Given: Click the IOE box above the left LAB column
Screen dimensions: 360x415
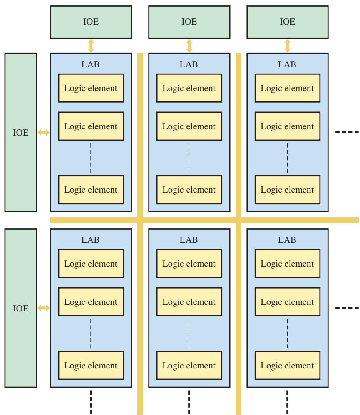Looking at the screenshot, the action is click(91, 22).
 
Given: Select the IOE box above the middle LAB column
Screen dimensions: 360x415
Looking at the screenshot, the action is click(189, 22).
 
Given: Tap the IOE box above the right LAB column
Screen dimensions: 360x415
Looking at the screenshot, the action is click(288, 22).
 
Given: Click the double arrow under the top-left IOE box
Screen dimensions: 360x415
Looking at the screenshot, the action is click(91, 46).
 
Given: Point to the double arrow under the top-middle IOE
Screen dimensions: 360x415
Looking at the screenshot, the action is click(189, 46).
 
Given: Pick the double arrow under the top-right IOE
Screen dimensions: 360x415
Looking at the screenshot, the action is click(288, 46).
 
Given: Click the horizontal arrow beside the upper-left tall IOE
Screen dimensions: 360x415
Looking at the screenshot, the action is click(43, 132).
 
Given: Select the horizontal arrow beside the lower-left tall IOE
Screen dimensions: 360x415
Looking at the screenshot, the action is click(43, 308).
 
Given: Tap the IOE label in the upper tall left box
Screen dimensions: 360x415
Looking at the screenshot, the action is click(21, 132).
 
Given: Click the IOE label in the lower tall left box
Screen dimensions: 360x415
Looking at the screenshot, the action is click(21, 308).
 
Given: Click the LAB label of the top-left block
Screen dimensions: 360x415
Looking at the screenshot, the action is click(90, 64).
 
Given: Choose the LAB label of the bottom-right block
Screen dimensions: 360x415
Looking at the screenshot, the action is click(287, 240).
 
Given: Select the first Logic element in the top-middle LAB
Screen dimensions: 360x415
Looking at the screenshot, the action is click(189, 88).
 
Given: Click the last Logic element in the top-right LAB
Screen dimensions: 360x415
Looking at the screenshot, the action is click(288, 190).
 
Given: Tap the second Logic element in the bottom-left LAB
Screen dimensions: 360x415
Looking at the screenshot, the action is click(91, 302).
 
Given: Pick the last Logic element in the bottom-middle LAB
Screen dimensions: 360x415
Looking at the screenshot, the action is click(189, 365).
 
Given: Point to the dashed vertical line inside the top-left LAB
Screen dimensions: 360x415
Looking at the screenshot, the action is click(91, 158).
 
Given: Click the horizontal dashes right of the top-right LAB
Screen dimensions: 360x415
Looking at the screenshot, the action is click(347, 132).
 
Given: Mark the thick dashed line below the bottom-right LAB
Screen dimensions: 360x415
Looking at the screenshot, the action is click(287, 402).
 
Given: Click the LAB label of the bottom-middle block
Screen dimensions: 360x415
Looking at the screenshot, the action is click(189, 240).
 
